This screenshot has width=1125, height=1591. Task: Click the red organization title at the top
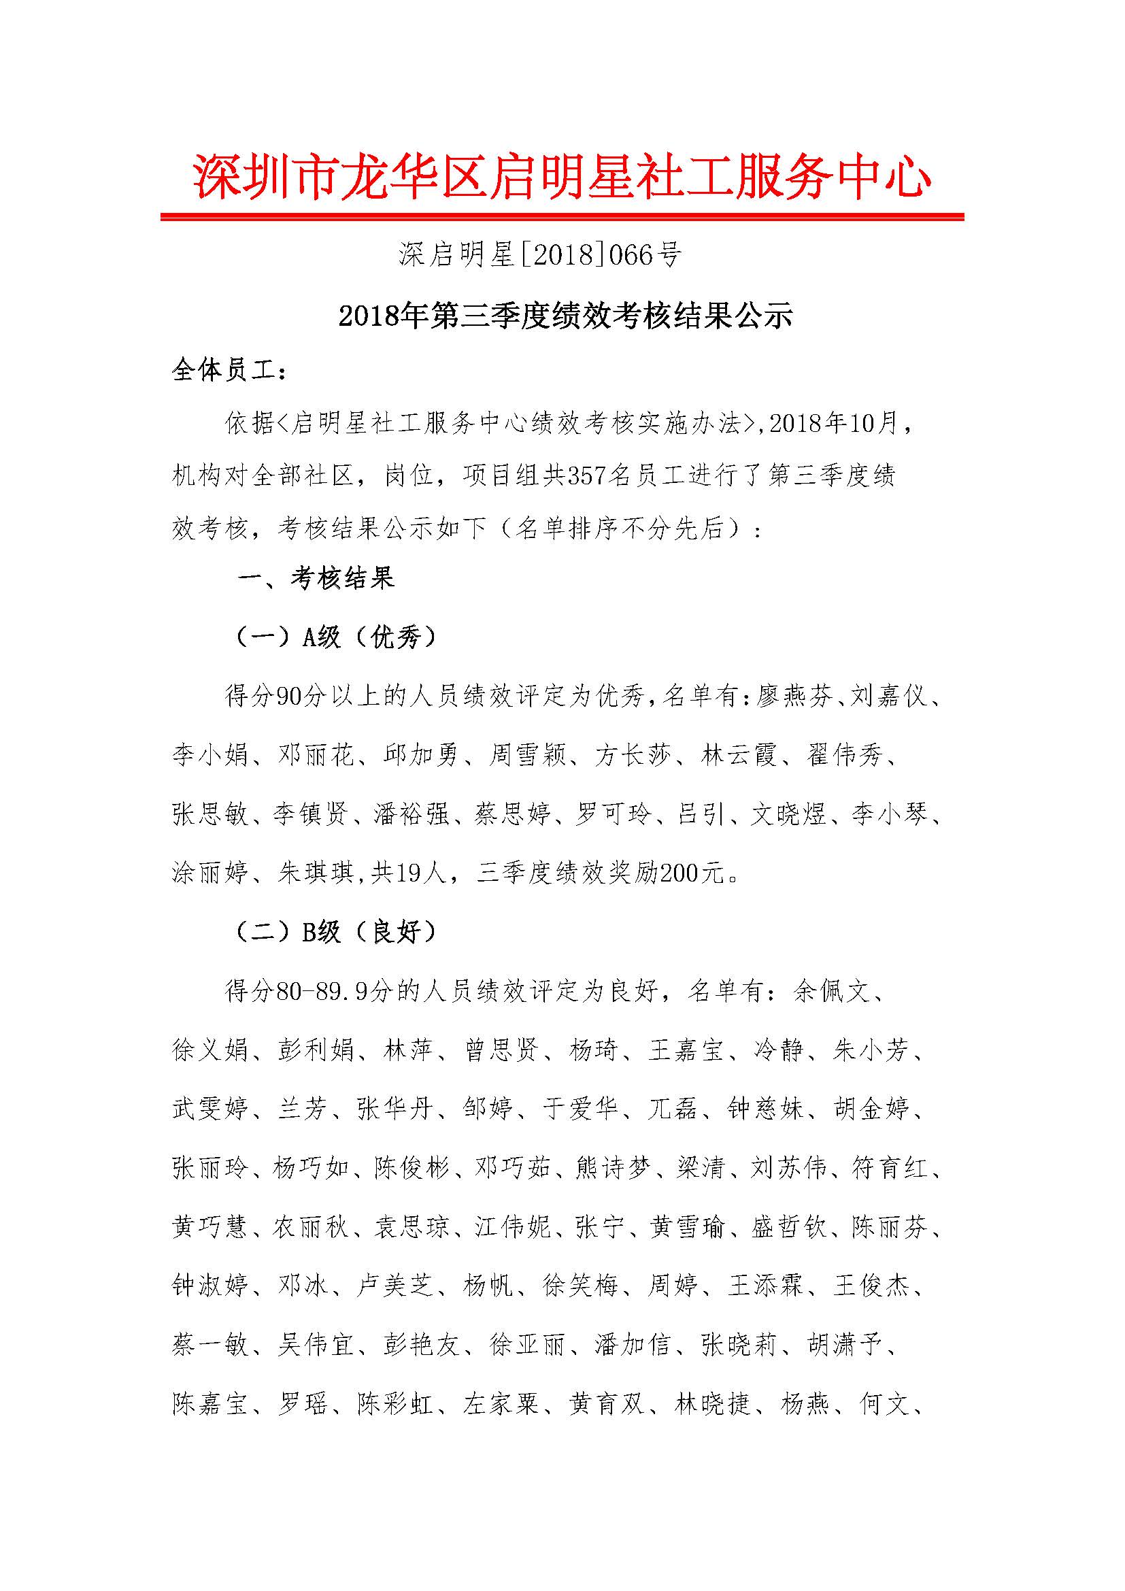click(x=562, y=178)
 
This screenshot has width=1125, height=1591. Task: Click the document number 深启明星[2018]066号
click(x=539, y=256)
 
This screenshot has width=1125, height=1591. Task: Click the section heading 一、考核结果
click(x=316, y=578)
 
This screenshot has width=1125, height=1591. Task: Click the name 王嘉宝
click(x=686, y=1050)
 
